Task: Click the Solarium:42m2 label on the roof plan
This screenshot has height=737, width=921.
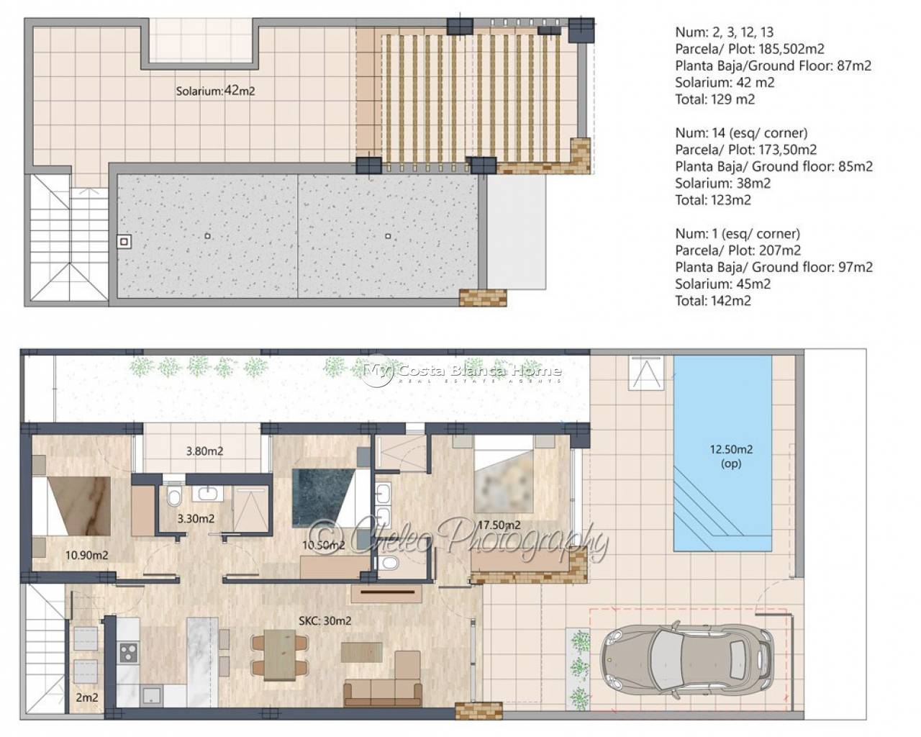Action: (215, 91)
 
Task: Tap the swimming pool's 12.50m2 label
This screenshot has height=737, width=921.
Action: (730, 449)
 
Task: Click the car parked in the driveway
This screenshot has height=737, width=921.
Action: (687, 659)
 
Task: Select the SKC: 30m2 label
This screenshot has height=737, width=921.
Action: (325, 620)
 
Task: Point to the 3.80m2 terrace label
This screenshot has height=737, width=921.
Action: (204, 451)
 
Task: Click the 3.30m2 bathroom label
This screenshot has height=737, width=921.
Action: (196, 519)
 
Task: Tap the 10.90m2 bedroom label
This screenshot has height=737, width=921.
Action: (86, 555)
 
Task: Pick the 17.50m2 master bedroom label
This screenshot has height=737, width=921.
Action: (499, 525)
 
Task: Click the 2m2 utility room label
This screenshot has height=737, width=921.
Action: (87, 697)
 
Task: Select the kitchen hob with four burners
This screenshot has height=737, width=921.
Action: (128, 652)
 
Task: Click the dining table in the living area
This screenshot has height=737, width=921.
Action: (280, 654)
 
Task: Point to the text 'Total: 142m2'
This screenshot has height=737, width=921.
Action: (713, 301)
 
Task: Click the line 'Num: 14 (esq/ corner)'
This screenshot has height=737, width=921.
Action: (741, 132)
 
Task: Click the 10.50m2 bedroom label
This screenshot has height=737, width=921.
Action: (324, 545)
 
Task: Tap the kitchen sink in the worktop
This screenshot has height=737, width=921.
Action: (152, 696)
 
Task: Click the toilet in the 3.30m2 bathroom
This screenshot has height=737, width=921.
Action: (174, 496)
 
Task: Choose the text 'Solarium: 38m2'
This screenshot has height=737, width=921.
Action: (723, 184)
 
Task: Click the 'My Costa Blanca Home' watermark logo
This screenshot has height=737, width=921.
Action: (462, 371)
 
